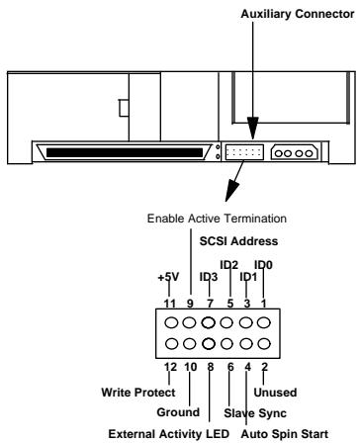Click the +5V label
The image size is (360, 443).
coord(167,279)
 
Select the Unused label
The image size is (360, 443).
coord(287,391)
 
